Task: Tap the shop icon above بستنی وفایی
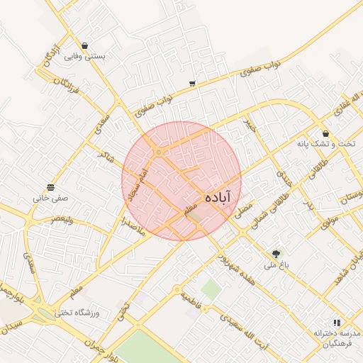coord(85,46)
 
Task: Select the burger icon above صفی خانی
coord(50,188)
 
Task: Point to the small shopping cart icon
coord(192,84)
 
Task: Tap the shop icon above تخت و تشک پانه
coord(325,133)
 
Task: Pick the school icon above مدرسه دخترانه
coord(336,322)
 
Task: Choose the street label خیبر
coord(249,125)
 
